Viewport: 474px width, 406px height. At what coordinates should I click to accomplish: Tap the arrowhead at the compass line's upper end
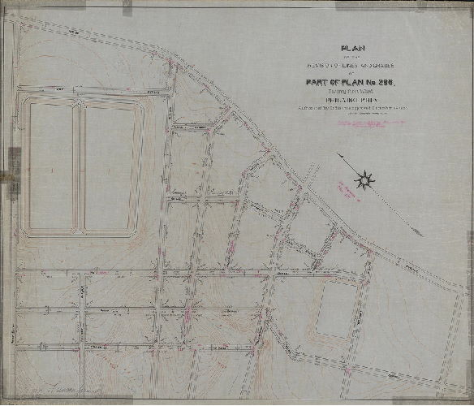tap(338, 154)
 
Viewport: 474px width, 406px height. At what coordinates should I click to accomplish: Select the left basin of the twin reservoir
tap(50, 166)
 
